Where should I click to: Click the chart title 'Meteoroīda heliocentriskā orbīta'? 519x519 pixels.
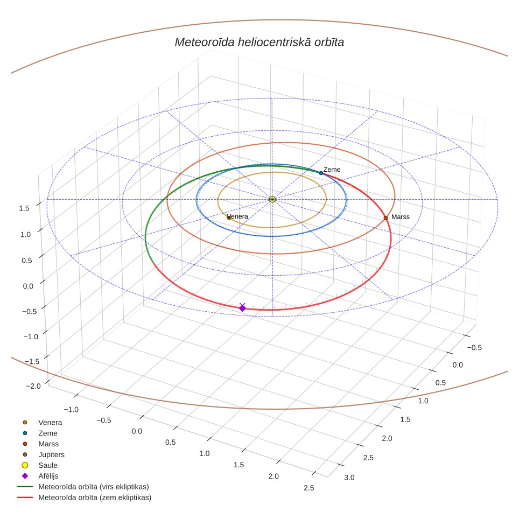coord(259,43)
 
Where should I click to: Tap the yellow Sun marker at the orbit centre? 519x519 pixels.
coord(272,199)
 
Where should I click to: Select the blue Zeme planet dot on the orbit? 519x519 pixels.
coord(321,173)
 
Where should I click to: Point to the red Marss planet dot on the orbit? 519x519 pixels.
coord(385,218)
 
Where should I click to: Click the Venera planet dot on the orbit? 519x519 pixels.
coord(229,218)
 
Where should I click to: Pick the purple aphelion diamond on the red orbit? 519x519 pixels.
coord(243,308)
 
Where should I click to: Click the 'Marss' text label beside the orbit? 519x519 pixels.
coord(401,217)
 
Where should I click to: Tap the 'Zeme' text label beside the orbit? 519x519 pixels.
coord(332,170)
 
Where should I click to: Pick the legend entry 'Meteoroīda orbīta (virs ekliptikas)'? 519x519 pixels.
coord(83,487)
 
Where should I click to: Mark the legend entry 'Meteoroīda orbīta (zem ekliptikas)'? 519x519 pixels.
coord(84,497)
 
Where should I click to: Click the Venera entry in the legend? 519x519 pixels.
coord(42,423)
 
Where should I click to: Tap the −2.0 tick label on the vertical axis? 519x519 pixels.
coord(33,386)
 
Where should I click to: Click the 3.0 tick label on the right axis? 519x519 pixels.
coord(349,478)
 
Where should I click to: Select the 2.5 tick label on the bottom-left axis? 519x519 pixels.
coord(309,488)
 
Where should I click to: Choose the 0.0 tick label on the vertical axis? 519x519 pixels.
coord(28,286)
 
